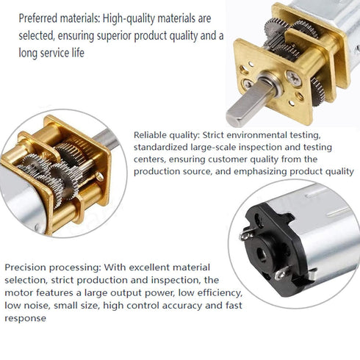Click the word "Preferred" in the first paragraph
click(38, 18)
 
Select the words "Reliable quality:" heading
click(167, 135)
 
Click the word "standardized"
click(161, 147)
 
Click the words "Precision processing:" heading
click(52, 267)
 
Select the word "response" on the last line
click(25, 318)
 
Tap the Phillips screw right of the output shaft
click(294, 78)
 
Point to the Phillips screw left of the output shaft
click(248, 84)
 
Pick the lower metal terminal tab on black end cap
click(282, 273)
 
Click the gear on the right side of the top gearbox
click(318, 92)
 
